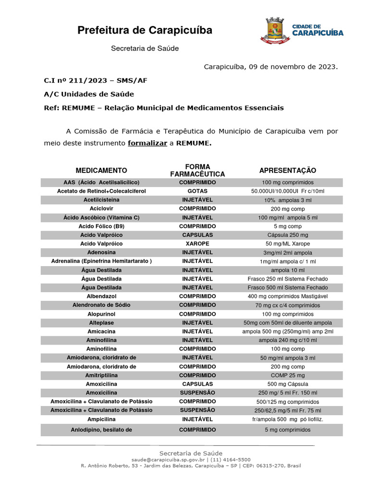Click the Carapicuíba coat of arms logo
coord(275,32)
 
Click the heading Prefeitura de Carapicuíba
coord(145,31)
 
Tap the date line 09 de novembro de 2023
coord(271,66)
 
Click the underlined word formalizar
coord(147,143)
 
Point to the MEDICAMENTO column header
coord(101,171)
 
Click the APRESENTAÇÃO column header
coord(287,171)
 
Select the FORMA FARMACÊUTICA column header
coord(197,171)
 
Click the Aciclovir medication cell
coord(101,209)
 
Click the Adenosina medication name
coord(101,252)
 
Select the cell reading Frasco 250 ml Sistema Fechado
coord(287,279)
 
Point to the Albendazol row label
coord(101,296)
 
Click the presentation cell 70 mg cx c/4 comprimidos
coord(287,305)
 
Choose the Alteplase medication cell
coord(101,322)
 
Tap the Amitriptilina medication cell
coord(101,375)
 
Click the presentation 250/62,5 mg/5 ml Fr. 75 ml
coord(287,410)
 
